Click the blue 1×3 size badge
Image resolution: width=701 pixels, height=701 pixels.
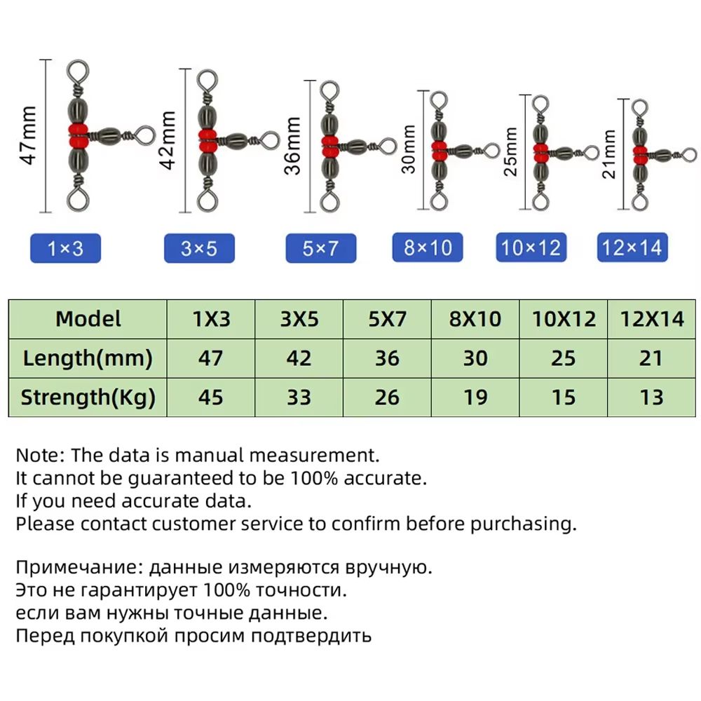(65, 248)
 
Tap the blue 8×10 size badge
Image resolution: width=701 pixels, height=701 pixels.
(428, 247)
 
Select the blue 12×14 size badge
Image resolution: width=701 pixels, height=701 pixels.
(632, 247)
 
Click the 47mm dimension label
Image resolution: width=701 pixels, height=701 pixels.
(29, 135)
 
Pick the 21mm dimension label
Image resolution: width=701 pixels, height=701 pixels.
(609, 154)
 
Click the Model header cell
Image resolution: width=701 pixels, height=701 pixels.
(88, 319)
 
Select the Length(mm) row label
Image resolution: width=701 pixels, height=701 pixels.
(88, 358)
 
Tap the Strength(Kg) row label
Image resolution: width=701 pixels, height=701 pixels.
(88, 397)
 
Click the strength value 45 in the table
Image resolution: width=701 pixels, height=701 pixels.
(210, 397)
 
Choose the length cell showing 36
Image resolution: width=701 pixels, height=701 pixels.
(387, 358)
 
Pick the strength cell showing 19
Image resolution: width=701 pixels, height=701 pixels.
(475, 397)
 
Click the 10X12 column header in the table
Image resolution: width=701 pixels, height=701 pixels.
(564, 319)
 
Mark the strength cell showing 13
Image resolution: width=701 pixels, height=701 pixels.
(651, 397)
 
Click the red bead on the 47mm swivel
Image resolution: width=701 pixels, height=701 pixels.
(79, 137)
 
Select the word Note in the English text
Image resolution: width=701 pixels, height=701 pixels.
(36, 455)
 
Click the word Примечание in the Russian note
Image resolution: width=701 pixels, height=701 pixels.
(76, 567)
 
